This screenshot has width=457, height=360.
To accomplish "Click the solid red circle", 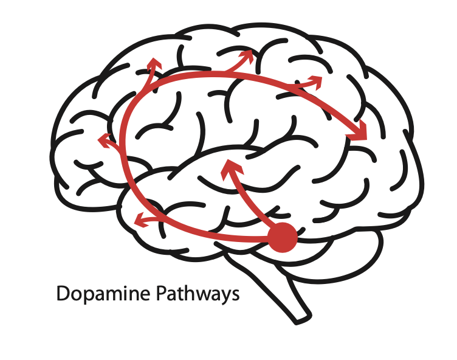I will pos(283,237).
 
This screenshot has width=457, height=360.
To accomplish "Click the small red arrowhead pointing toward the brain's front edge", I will pos(105,141).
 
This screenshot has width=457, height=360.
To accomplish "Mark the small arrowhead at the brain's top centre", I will pos(246,56).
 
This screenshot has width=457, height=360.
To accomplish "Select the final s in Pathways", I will pos(234,296).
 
